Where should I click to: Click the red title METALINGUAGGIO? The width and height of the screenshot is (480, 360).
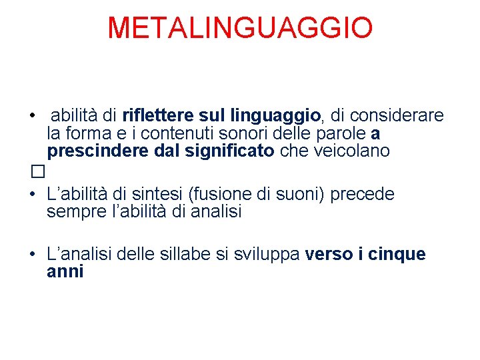click(240, 28)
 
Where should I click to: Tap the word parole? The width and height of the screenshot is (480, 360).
click(340, 133)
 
